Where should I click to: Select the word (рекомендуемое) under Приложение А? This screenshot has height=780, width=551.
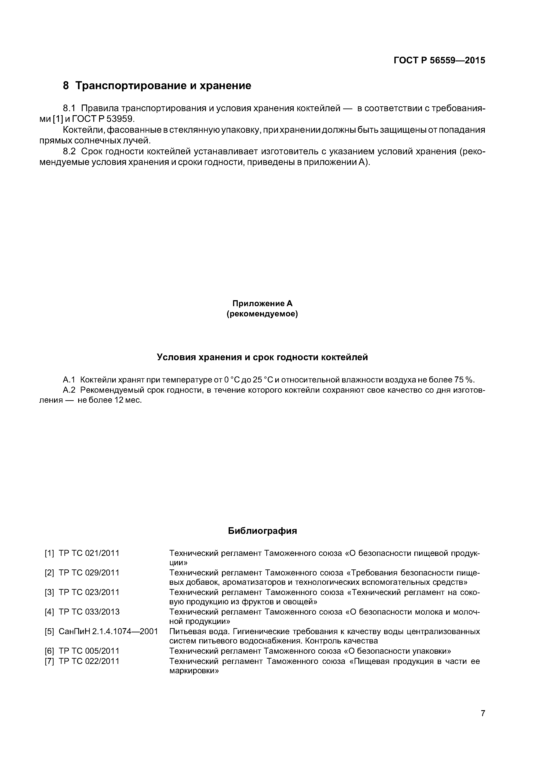(x=262, y=314)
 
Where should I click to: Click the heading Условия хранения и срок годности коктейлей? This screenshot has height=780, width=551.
(x=262, y=357)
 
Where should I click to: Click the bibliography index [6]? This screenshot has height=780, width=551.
(x=49, y=651)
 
